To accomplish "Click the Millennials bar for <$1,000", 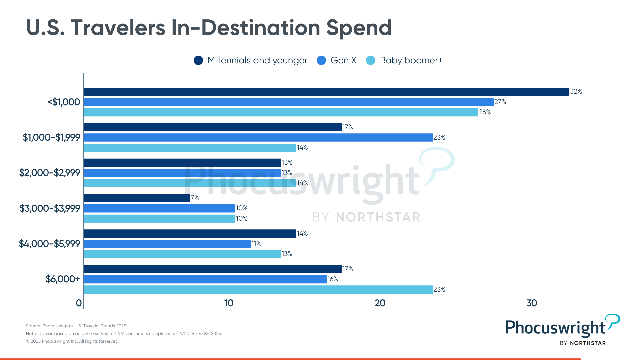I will point(326,92).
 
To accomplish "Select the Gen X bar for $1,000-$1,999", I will point(258,137).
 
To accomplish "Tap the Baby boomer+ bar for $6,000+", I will point(258,289).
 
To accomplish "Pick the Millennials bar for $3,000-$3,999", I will point(137,198).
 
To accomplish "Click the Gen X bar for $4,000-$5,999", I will point(167,244).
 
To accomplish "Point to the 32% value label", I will point(576,91).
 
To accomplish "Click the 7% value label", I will point(195,198).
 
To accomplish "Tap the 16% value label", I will point(333,279).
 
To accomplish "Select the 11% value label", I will point(256,244).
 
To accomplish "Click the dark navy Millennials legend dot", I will point(198,60).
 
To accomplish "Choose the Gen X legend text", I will point(343,60).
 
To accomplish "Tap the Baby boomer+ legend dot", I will point(371,60).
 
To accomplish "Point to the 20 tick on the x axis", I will point(380,303).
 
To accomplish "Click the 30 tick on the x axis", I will point(531,303).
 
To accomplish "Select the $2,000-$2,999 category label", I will point(50,173).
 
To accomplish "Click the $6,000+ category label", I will point(63,279).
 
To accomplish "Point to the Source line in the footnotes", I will point(76,326).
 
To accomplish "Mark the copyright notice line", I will point(73,341).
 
